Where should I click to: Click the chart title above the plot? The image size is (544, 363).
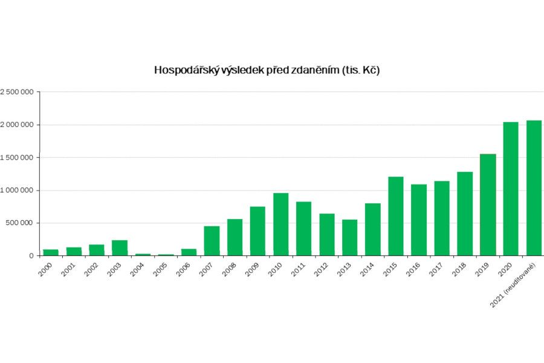click(x=267, y=70)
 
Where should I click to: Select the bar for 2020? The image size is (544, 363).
click(x=511, y=189)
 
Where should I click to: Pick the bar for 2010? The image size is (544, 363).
click(x=280, y=224)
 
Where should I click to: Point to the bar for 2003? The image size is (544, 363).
click(x=120, y=247)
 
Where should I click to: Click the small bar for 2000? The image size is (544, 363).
click(x=51, y=252)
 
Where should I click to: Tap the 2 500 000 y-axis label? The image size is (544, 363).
click(x=16, y=92)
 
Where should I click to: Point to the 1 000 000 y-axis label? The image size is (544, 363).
click(x=16, y=190)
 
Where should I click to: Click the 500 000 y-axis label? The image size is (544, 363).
click(x=20, y=223)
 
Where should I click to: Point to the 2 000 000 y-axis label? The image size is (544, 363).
click(x=16, y=125)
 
